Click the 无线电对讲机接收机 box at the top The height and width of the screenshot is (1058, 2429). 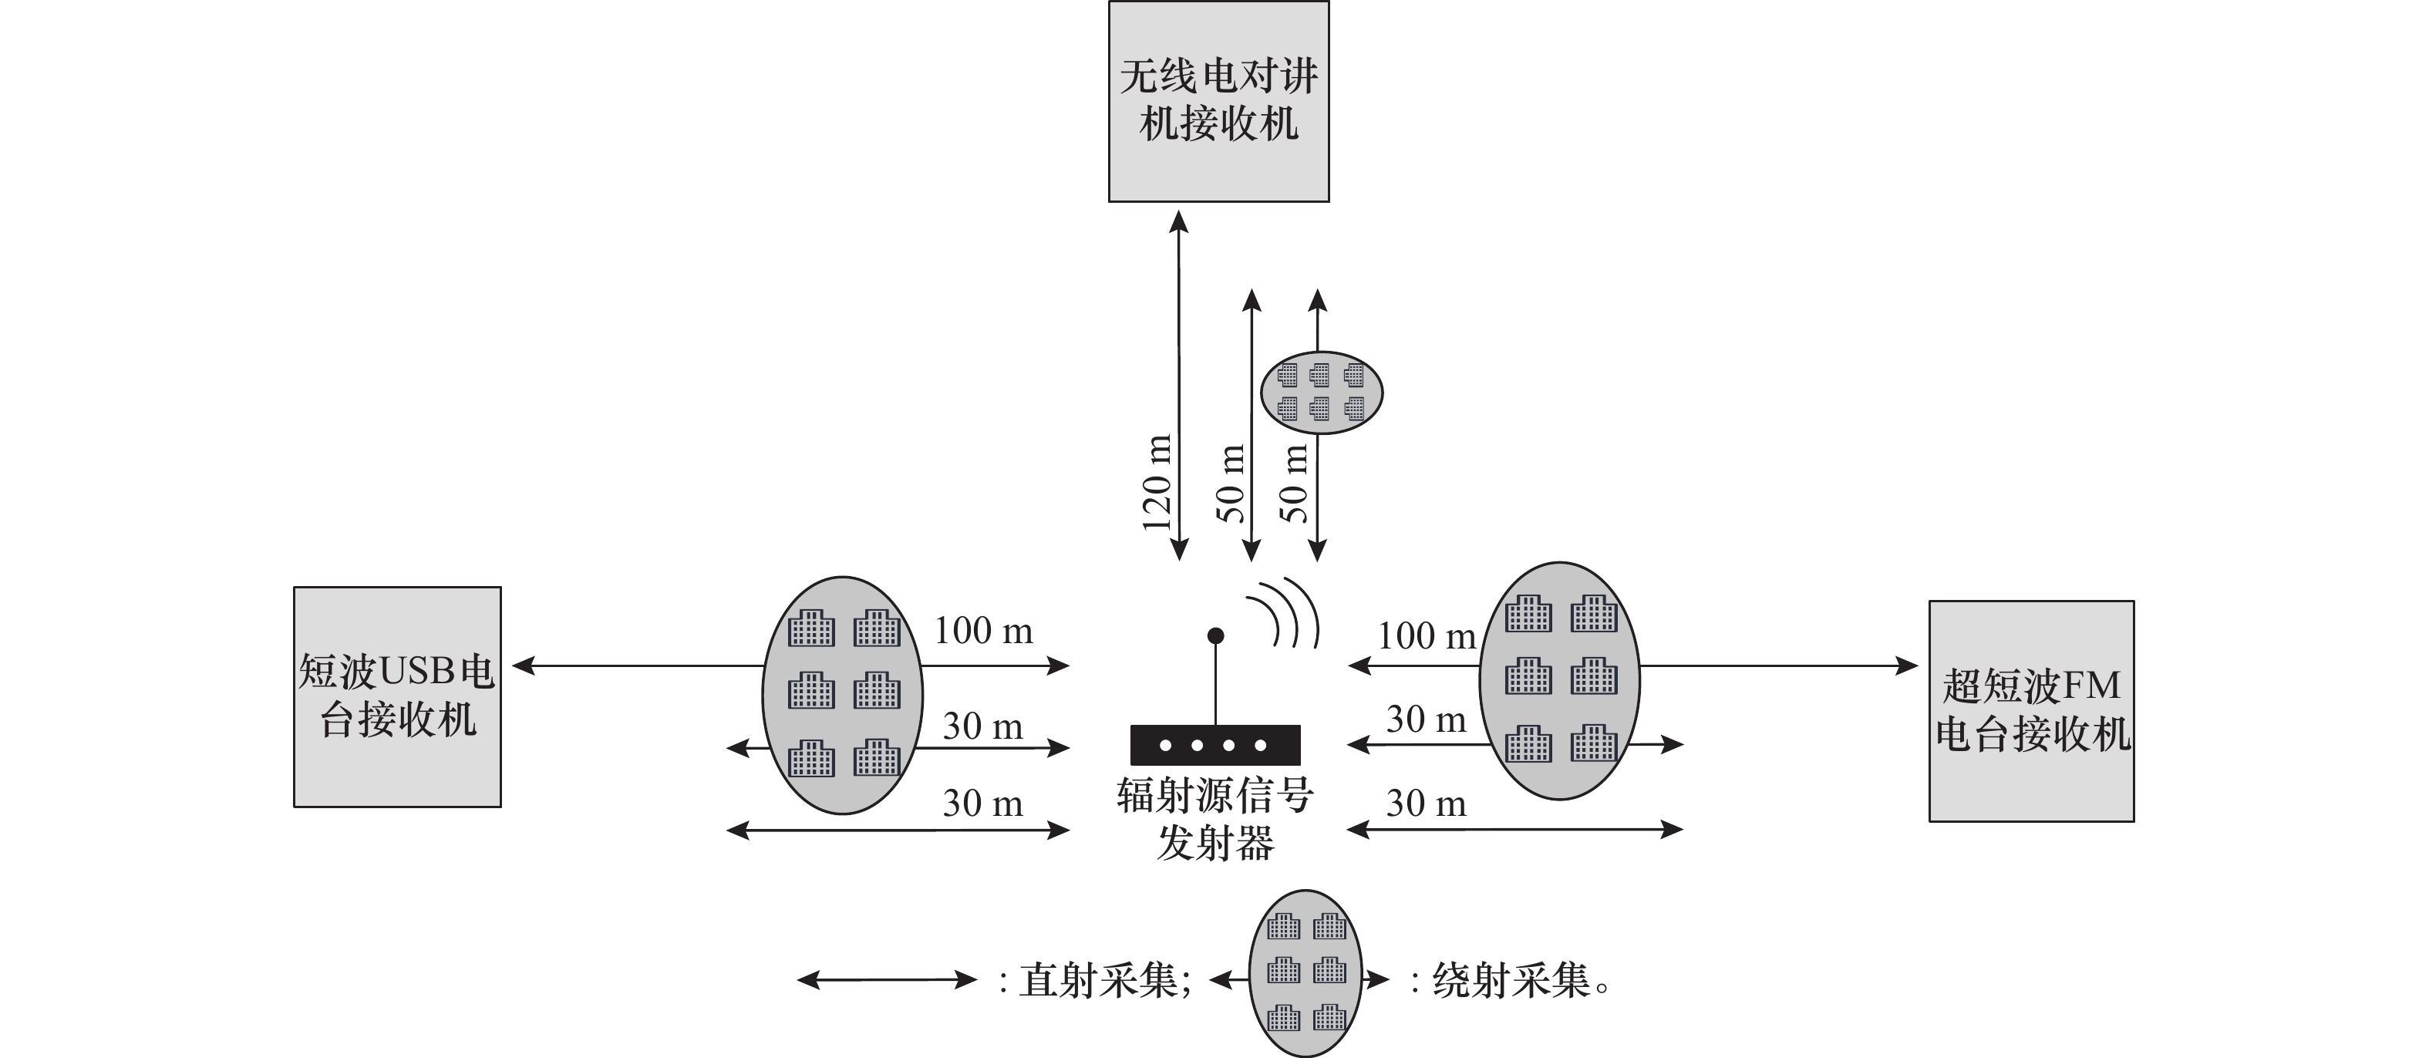pyautogui.click(x=1218, y=101)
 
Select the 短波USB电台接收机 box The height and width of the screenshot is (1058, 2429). pyautogui.click(x=397, y=697)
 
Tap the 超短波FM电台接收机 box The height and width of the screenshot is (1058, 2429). pyautogui.click(x=2031, y=711)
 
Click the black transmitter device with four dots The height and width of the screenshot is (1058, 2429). pyautogui.click(x=1215, y=745)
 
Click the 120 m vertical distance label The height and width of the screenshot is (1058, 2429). pyautogui.click(x=1156, y=483)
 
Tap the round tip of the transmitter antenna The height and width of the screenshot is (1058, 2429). pyautogui.click(x=1215, y=635)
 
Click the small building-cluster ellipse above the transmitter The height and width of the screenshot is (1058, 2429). pyautogui.click(x=1321, y=393)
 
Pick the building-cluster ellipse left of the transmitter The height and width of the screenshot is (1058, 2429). pyautogui.click(x=842, y=695)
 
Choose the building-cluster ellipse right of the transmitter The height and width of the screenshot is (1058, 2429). pyautogui.click(x=1560, y=681)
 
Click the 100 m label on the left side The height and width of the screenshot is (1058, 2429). pyautogui.click(x=983, y=630)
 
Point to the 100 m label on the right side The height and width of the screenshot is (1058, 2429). pyautogui.click(x=1427, y=635)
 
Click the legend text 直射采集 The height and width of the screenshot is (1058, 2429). pyautogui.click(x=1099, y=981)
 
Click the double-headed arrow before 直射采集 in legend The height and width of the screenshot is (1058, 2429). pyautogui.click(x=886, y=980)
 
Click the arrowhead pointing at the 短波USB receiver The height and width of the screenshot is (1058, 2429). pyautogui.click(x=524, y=665)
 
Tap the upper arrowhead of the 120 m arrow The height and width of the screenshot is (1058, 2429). pyautogui.click(x=1179, y=223)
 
